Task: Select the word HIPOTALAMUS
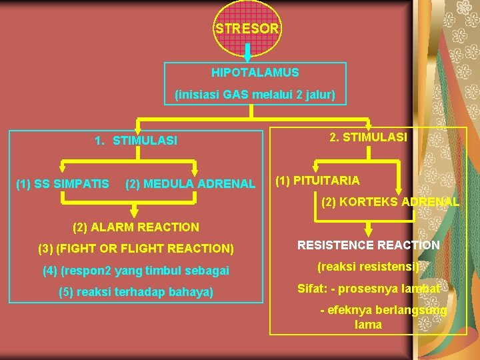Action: click(x=255, y=72)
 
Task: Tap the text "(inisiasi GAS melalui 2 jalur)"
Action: click(x=255, y=95)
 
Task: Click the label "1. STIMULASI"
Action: click(x=136, y=141)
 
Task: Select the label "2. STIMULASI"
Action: click(x=368, y=137)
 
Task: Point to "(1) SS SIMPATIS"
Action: click(x=63, y=183)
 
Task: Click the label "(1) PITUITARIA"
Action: click(x=317, y=180)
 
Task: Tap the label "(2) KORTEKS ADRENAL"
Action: click(x=390, y=201)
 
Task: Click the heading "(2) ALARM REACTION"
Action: click(x=135, y=227)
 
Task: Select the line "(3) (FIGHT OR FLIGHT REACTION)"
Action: click(x=136, y=249)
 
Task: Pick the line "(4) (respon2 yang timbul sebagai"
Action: click(x=135, y=271)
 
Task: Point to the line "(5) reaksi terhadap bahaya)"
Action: click(x=136, y=291)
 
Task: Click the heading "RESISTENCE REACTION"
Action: click(x=368, y=245)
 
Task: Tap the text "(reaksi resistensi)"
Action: click(x=368, y=267)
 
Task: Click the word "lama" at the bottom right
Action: click(x=368, y=325)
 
